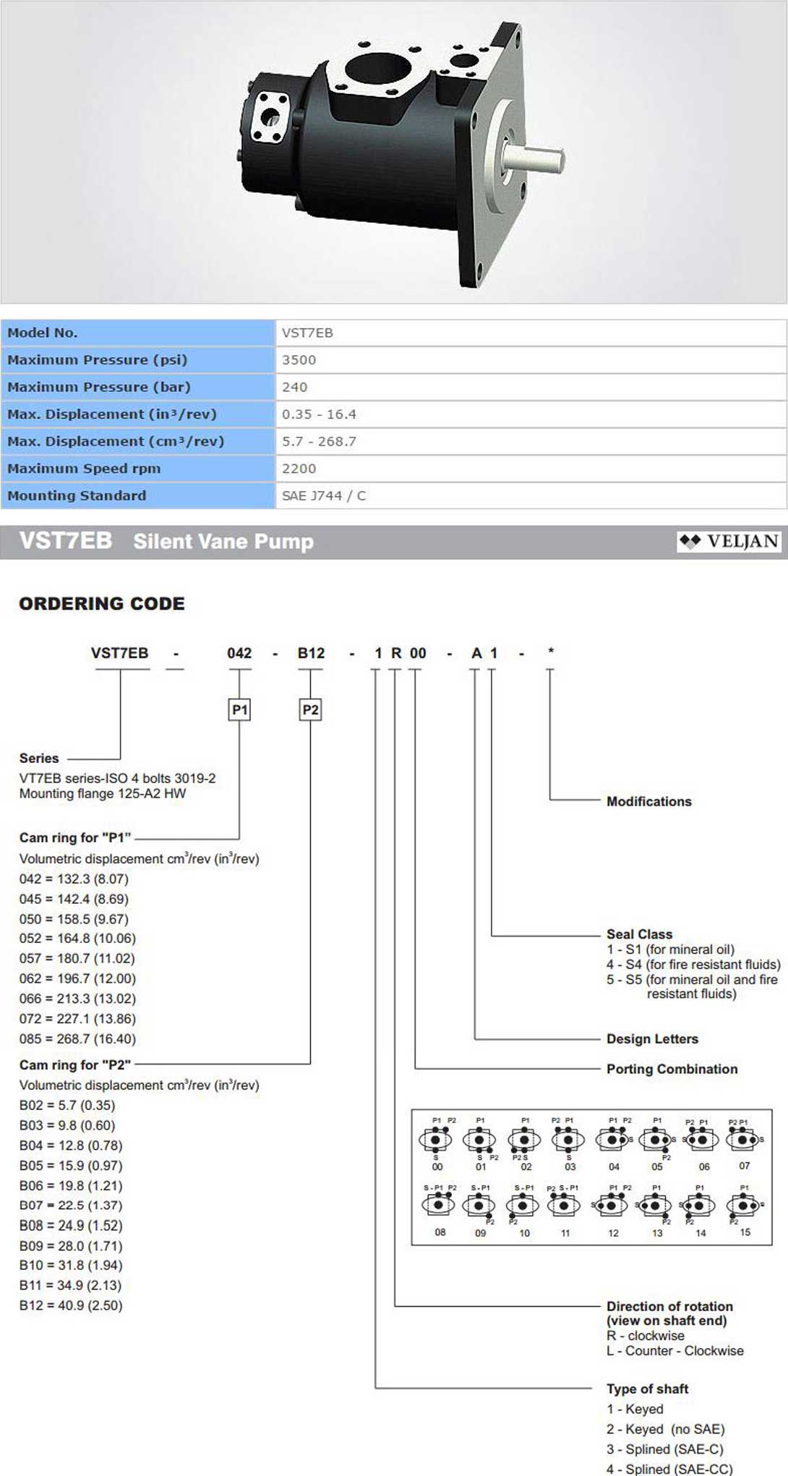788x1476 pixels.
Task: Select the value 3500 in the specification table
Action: pos(299,360)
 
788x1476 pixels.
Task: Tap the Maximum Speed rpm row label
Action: pos(84,469)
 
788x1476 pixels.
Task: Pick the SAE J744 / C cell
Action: pos(324,496)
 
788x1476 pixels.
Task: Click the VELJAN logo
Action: pos(729,542)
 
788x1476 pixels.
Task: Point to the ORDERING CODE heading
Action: pos(102,604)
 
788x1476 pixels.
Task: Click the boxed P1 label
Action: pos(239,710)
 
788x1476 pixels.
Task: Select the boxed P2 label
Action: pos(310,710)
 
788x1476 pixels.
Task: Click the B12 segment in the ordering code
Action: pos(311,653)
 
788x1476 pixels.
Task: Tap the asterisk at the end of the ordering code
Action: pos(551,652)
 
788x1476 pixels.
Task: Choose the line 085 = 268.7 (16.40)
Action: pos(77,1038)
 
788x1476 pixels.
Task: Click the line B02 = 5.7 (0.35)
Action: pos(67,1105)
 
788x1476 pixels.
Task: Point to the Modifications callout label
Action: pos(648,801)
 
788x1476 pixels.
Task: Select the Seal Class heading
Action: pos(639,934)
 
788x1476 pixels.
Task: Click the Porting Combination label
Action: pos(672,1069)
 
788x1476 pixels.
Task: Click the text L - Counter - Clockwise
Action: pos(674,1351)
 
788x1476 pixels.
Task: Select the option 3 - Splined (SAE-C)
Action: pos(664,1449)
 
